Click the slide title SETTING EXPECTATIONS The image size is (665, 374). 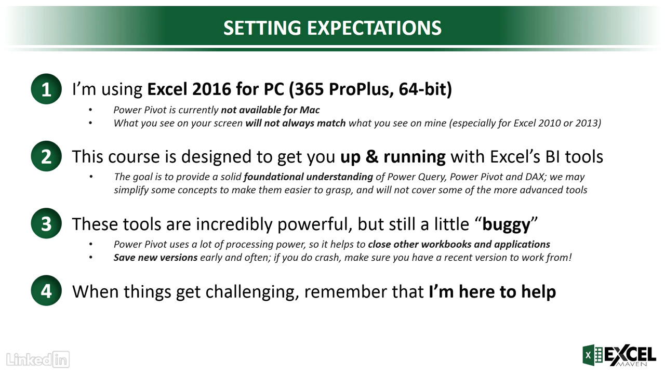[332, 28]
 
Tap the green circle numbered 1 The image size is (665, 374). [46, 89]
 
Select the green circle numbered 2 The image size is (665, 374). [46, 156]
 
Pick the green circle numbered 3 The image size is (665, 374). [46, 223]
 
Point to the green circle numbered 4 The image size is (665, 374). [46, 290]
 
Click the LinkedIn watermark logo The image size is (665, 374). [38, 359]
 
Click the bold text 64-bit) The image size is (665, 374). [425, 89]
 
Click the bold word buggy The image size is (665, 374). [506, 224]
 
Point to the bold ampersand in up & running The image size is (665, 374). [371, 156]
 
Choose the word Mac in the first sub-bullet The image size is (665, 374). [310, 110]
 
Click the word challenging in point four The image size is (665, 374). [252, 292]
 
